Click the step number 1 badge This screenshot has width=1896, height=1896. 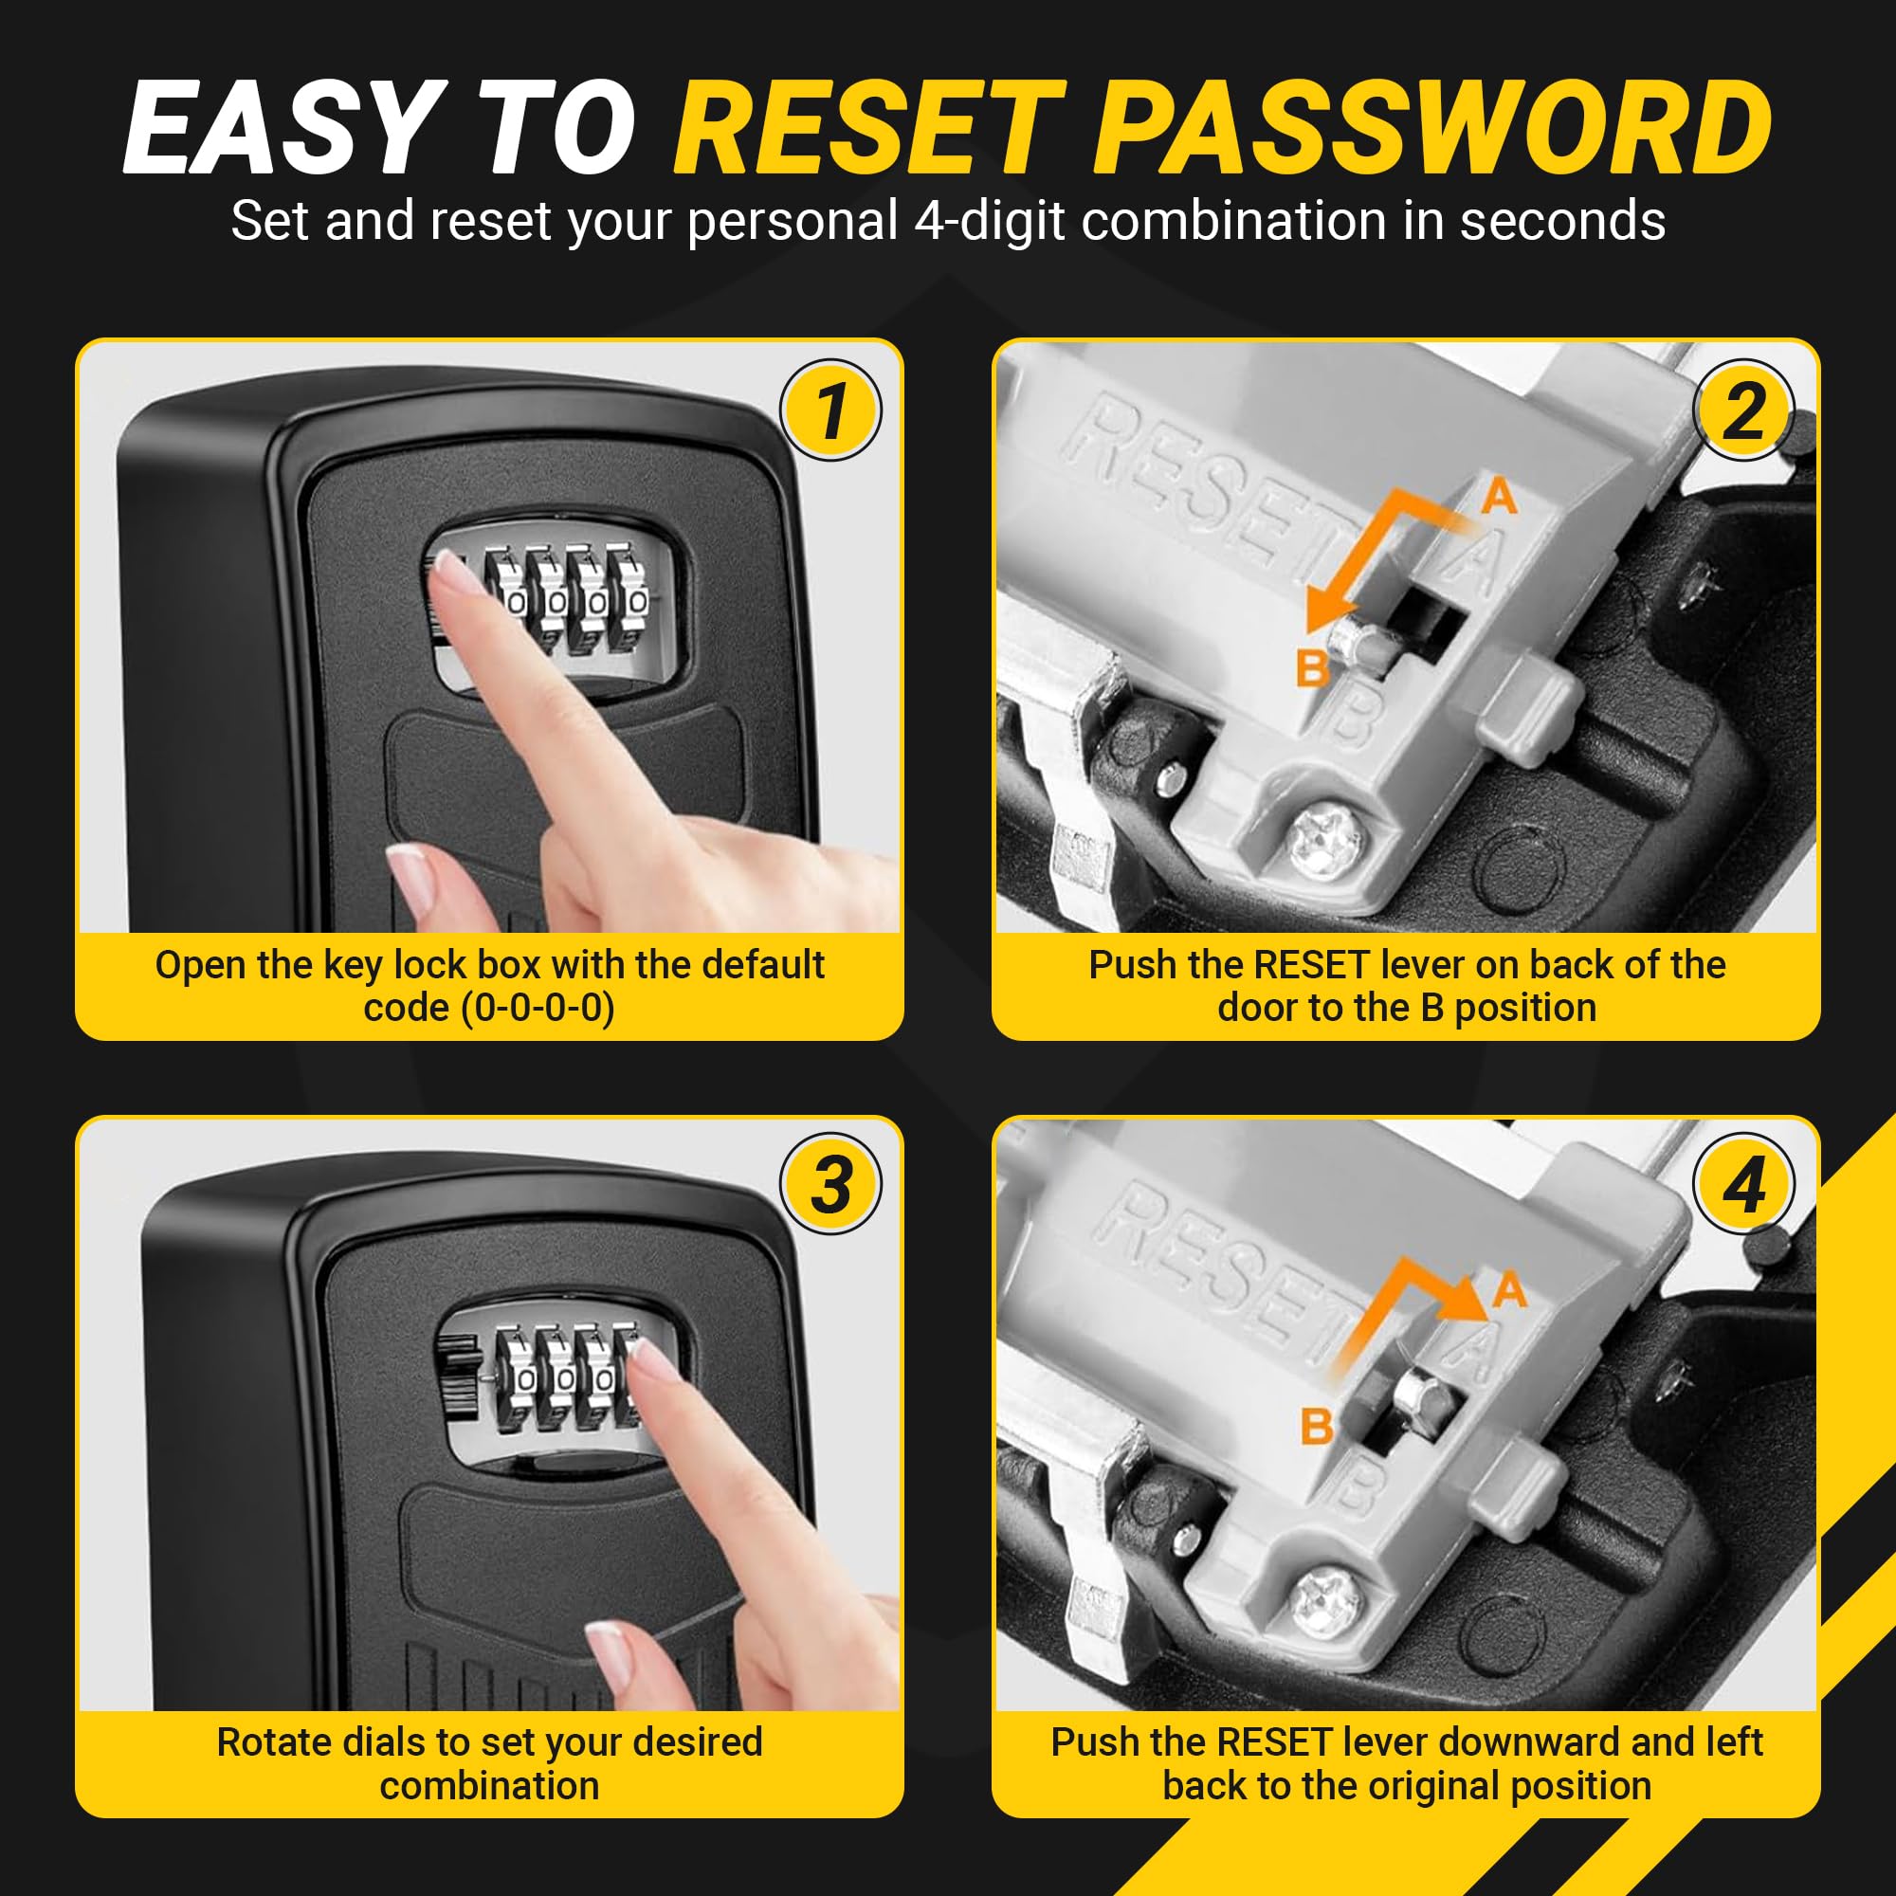(830, 410)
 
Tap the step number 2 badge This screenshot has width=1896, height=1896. (1744, 410)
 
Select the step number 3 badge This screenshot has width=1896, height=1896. (830, 1183)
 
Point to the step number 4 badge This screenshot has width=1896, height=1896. (1744, 1183)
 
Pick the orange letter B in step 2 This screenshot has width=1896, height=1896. (1312, 669)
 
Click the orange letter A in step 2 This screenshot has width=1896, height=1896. (1500, 497)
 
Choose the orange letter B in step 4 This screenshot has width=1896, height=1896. (1317, 1426)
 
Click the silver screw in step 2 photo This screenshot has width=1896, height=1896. (1326, 839)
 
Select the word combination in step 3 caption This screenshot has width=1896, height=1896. (490, 1786)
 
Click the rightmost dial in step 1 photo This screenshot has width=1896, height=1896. (630, 601)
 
